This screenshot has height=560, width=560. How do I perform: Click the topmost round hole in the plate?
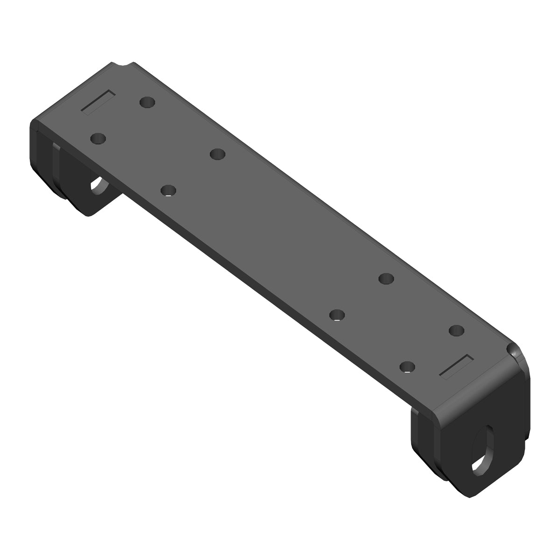coord(147,102)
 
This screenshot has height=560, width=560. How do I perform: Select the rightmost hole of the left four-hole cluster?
coord(217,154)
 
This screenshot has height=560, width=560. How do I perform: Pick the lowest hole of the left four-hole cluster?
coord(168,190)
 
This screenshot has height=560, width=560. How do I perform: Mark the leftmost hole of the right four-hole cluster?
coord(337,315)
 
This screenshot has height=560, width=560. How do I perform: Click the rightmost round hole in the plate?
coord(456,330)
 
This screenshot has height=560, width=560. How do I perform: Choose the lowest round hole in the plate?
coord(407,367)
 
